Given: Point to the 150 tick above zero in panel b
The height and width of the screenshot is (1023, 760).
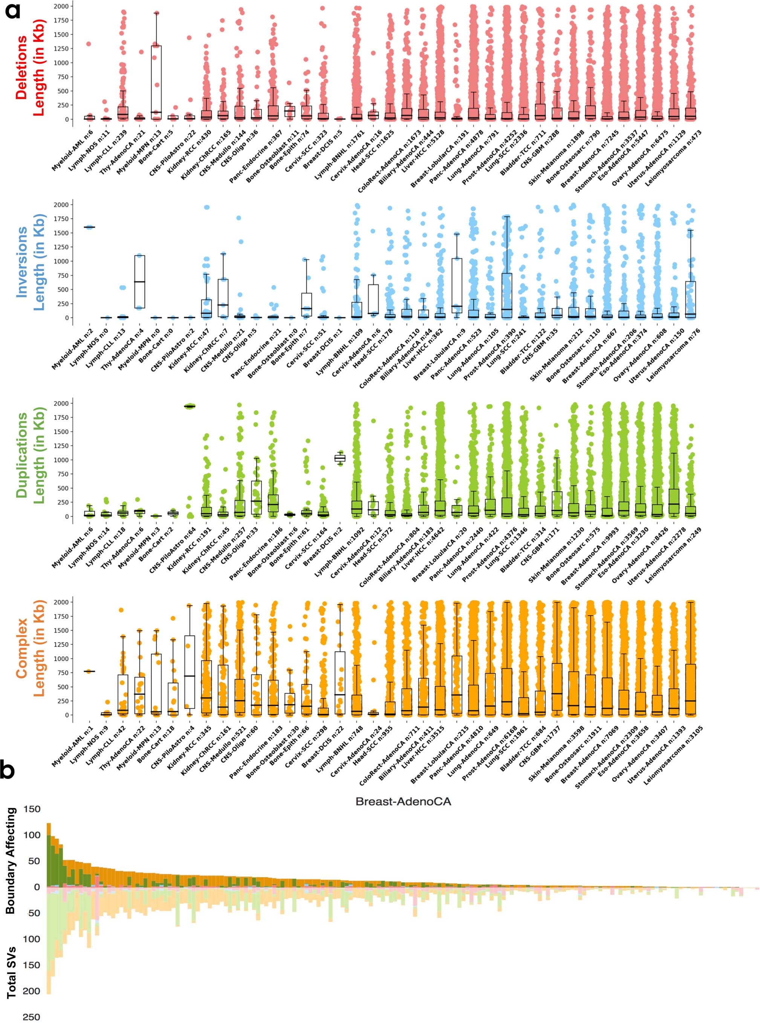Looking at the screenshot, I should tap(31, 809).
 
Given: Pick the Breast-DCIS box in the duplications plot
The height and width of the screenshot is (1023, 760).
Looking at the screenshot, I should tap(340, 458).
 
